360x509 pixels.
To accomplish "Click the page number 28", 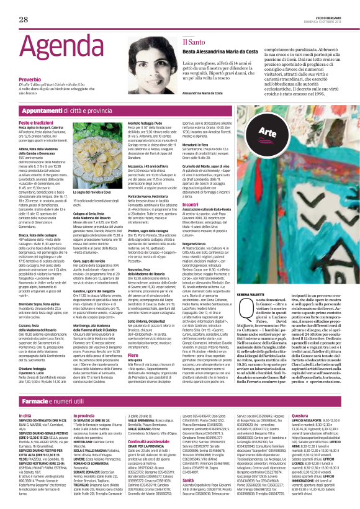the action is (23, 19).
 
